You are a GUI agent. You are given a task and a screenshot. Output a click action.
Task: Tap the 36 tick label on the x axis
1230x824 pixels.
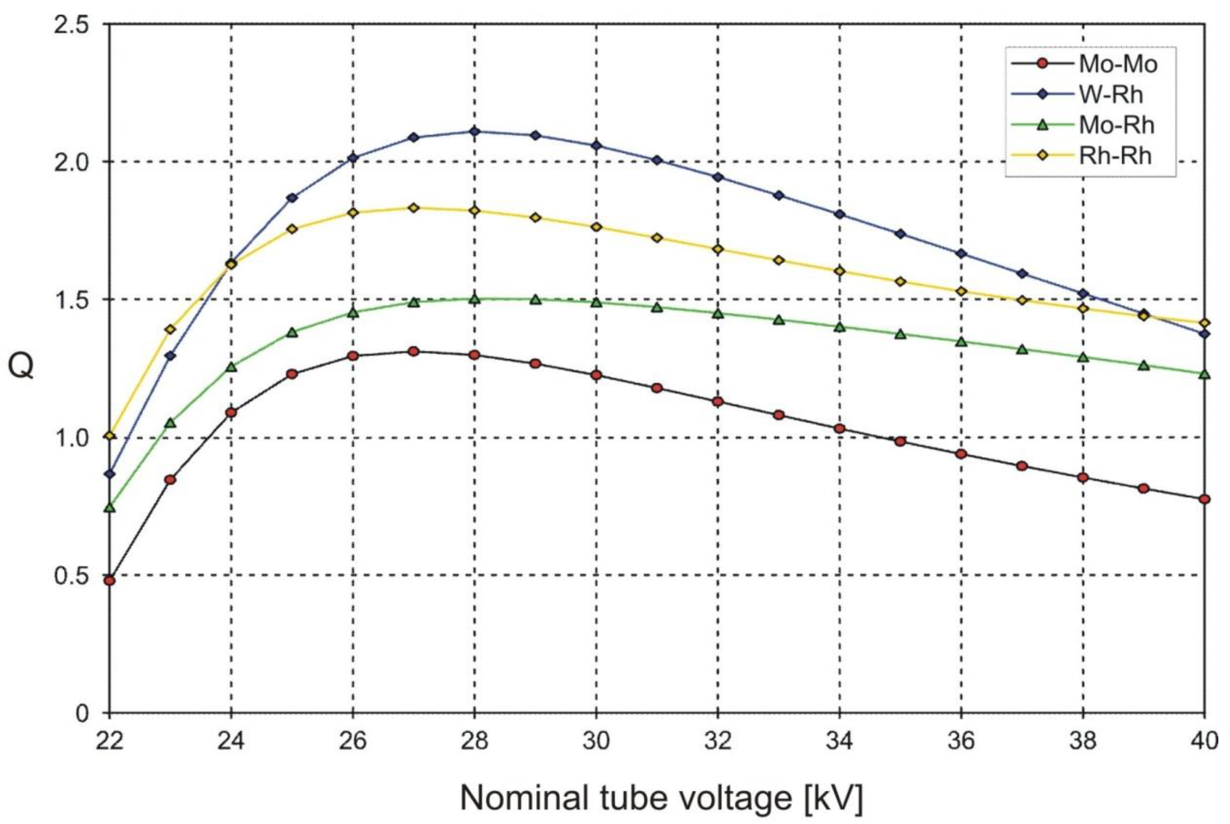pos(961,741)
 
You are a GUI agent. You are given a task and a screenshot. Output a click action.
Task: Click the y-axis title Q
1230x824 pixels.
pos(21,366)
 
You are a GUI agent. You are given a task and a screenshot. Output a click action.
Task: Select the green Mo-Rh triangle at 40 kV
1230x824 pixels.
pos(1204,374)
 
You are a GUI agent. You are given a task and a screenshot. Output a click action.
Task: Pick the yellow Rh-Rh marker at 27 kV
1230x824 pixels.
pos(413,208)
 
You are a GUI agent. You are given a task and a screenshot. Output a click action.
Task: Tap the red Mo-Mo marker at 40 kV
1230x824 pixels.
pos(1204,499)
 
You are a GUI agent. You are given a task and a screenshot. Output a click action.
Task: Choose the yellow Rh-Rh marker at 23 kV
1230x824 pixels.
pos(170,329)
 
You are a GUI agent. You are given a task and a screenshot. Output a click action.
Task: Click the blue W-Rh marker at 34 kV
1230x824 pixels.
pos(839,214)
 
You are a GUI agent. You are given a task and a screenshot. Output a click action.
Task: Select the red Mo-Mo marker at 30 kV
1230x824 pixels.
pos(596,375)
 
